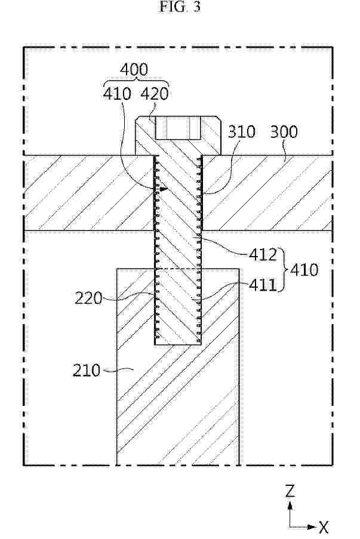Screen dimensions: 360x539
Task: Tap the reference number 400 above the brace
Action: (134, 69)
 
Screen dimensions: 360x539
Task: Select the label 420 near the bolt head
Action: (155, 94)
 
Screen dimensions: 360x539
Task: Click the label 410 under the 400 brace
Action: (117, 94)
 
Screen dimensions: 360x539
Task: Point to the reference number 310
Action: (242, 132)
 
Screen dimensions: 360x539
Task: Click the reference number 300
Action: (284, 132)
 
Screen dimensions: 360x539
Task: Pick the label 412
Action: (263, 255)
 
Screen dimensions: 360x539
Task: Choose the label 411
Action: (263, 285)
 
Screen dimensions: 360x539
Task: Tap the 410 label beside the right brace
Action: (304, 270)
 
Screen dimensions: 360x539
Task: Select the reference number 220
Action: (89, 298)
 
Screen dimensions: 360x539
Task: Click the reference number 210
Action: (87, 371)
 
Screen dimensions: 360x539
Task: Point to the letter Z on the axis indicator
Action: (290, 491)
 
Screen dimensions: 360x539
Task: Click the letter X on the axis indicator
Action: (324, 527)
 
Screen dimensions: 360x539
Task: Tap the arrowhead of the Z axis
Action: (290, 505)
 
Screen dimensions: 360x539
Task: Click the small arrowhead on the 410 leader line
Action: (165, 189)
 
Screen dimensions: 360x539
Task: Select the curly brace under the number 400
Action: (136, 82)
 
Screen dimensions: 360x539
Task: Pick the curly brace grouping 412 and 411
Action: (284, 270)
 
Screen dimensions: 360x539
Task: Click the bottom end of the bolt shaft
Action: (178, 344)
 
